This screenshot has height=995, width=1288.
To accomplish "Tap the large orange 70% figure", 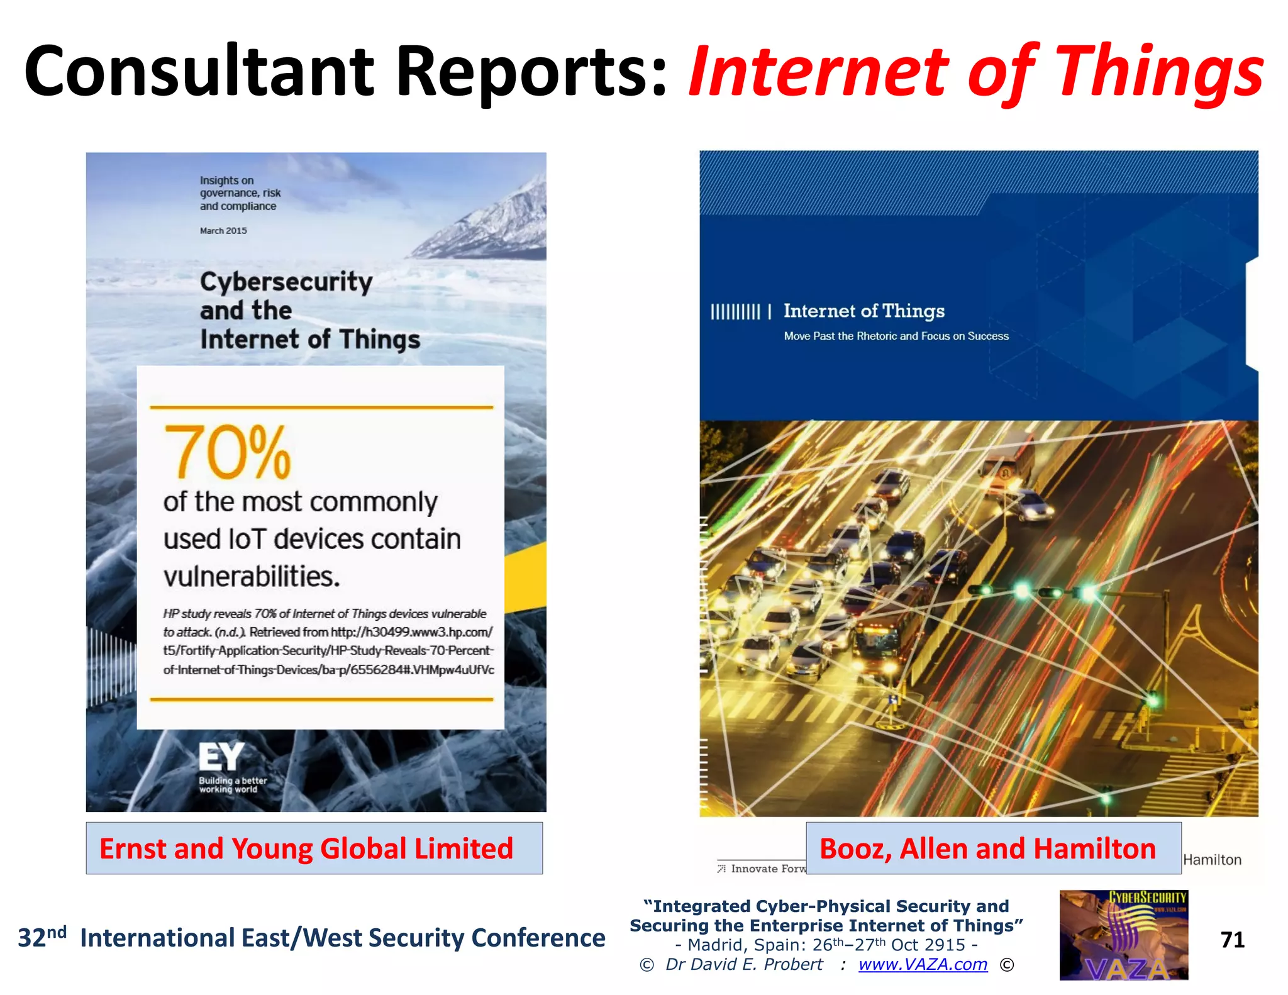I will pos(227,452).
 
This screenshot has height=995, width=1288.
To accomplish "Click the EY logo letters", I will pos(221,757).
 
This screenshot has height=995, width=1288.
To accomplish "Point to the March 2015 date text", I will pos(223,231).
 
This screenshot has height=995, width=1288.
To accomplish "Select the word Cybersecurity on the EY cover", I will pos(286,282).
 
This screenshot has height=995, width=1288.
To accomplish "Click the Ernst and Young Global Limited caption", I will pos(306,848).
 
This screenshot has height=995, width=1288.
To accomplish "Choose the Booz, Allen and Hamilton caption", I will pos(987,848).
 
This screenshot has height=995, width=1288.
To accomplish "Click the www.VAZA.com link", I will pos(923,964).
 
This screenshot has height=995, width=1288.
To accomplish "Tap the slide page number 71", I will pos(1232,940).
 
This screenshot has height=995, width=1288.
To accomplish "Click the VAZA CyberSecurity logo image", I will pos(1124,935).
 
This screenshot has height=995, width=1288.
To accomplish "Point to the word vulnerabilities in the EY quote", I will pos(252,576).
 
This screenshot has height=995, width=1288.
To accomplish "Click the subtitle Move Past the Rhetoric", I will pos(896,336).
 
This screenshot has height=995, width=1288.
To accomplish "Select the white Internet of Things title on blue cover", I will pos(863,311).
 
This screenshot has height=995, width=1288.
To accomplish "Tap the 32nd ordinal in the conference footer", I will pos(42,937).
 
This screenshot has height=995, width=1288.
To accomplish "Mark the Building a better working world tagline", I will pos(233,785).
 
